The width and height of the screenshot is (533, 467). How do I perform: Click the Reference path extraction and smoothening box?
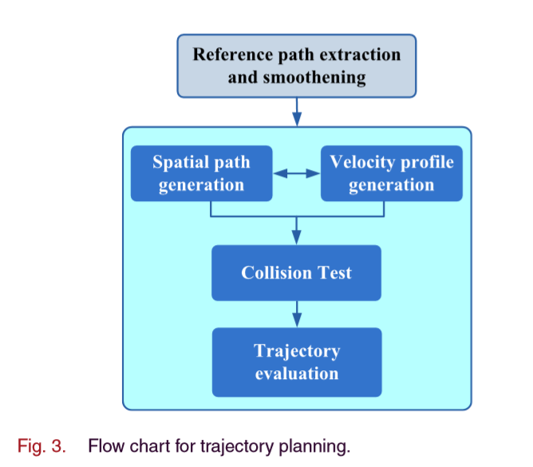(x=296, y=65)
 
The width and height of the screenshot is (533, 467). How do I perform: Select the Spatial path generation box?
(x=201, y=173)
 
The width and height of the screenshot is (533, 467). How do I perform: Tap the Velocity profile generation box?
(x=391, y=173)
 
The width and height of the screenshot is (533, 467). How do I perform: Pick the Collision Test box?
(x=296, y=273)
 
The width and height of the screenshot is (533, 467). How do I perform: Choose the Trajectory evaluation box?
(x=296, y=362)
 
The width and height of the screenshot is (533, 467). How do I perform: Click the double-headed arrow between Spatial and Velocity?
(x=296, y=173)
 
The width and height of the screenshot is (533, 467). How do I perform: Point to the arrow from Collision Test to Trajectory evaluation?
(x=296, y=313)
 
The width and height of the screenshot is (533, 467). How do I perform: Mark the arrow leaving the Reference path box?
(x=296, y=110)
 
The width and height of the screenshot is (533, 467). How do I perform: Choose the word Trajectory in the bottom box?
(x=296, y=351)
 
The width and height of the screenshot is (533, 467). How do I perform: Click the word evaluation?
(x=296, y=373)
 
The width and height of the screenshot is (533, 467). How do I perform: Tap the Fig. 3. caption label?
(x=41, y=445)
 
